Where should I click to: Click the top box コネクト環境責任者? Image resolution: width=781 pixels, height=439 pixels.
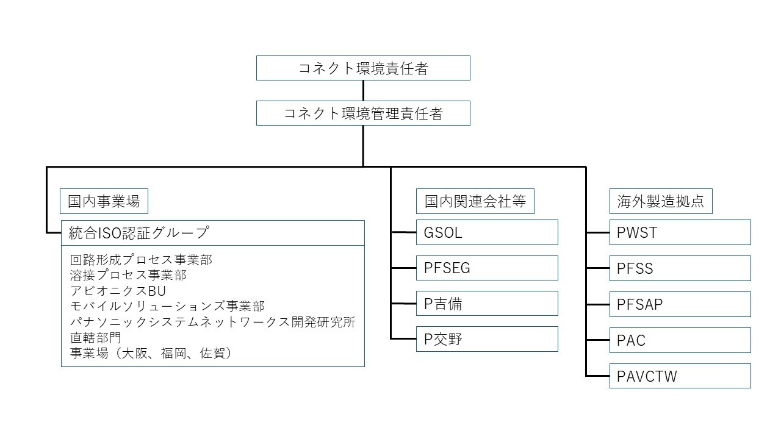click(363, 68)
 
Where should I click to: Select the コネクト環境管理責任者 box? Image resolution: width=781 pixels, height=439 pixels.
click(363, 113)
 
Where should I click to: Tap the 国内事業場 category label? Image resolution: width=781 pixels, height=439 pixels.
click(104, 201)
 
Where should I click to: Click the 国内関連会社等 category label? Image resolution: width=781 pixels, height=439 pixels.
click(475, 201)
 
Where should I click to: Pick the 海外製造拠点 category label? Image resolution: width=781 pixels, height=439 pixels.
click(661, 201)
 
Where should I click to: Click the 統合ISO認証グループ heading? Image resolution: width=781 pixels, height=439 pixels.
click(212, 233)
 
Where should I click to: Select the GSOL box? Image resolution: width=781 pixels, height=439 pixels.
click(487, 232)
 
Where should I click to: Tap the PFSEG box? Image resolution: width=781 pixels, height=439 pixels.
click(487, 268)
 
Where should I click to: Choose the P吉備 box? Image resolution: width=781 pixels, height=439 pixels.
click(487, 304)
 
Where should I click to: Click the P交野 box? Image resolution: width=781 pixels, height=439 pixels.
click(487, 339)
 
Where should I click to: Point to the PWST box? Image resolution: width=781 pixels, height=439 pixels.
click(680, 232)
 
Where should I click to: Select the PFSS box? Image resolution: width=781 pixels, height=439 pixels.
click(680, 268)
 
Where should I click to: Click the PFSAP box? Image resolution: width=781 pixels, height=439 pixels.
click(680, 304)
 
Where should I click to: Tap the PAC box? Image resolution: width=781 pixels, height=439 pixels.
click(680, 340)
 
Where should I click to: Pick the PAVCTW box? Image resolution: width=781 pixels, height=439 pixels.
click(680, 376)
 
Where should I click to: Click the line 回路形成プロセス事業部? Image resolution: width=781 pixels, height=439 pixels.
click(141, 260)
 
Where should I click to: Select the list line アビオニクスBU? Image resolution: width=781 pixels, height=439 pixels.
click(118, 291)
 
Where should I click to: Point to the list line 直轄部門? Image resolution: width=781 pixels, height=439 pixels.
click(96, 337)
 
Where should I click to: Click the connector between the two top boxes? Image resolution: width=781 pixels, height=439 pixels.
click(363, 91)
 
